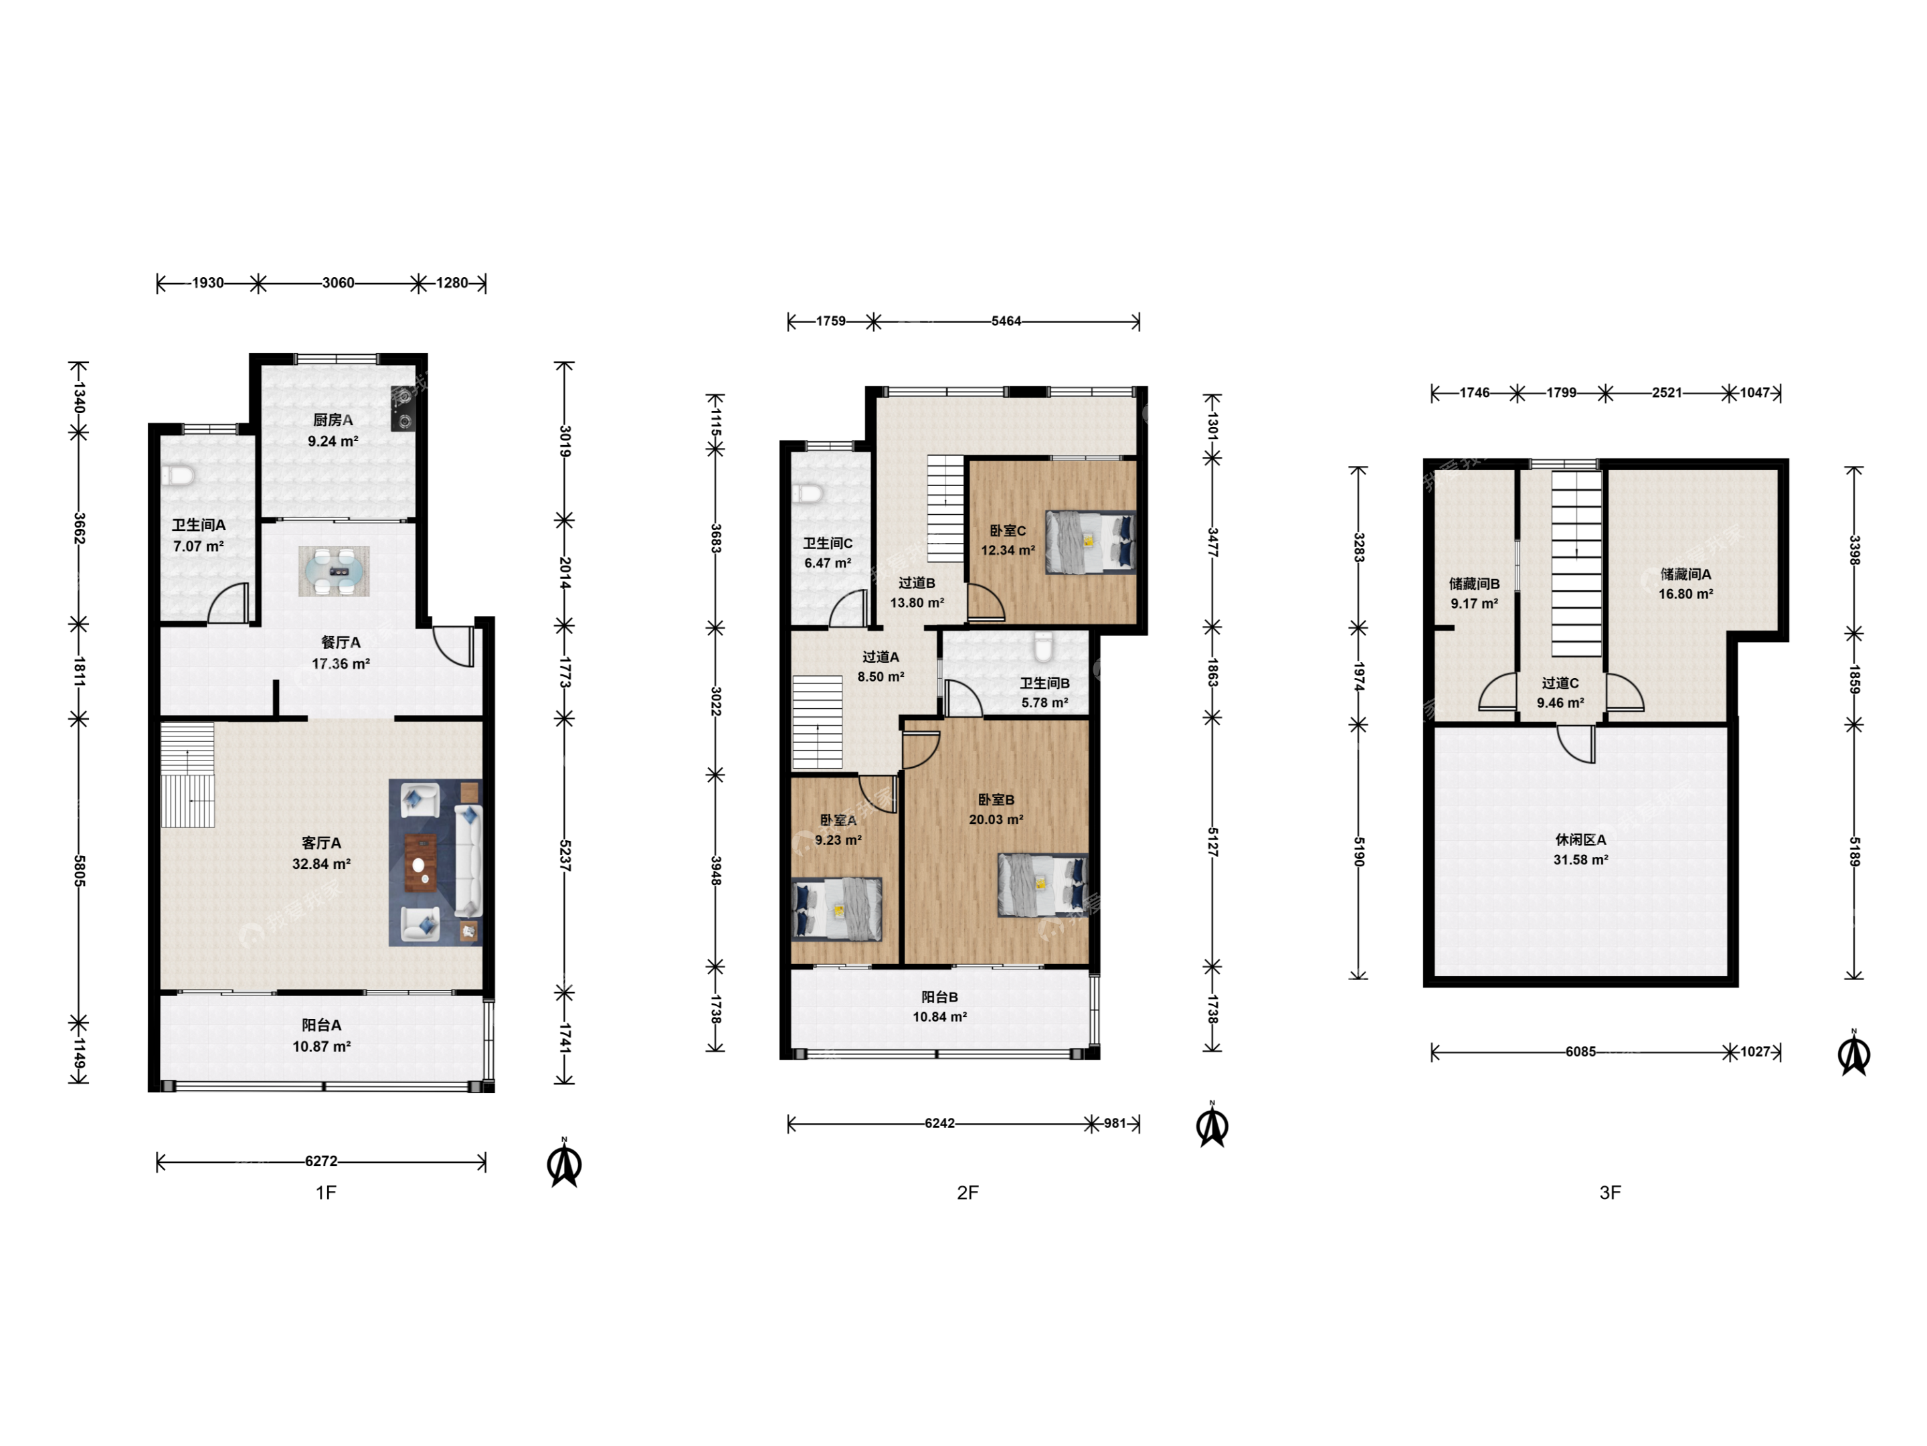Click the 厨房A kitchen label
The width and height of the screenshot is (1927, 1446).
click(333, 420)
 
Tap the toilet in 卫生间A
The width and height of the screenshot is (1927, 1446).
click(178, 475)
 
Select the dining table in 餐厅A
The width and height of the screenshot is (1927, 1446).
click(334, 571)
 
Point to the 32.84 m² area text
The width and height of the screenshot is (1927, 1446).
click(321, 864)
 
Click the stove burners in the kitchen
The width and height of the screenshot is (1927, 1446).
click(403, 409)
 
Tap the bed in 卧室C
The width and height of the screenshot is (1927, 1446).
click(1091, 542)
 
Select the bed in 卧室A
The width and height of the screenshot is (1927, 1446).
click(836, 909)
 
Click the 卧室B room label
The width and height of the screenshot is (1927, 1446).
click(996, 799)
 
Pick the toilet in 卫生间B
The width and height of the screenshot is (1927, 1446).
click(1042, 647)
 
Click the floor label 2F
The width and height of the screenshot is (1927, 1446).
click(968, 1192)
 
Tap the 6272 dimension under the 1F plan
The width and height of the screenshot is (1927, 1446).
click(320, 1161)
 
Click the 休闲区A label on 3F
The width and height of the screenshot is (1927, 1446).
click(1580, 839)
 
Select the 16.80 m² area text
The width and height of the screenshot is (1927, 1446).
click(1685, 594)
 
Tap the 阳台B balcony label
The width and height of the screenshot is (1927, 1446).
click(940, 996)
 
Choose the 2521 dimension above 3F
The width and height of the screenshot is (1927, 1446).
click(1667, 392)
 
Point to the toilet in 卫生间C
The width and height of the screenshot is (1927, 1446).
click(808, 493)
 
